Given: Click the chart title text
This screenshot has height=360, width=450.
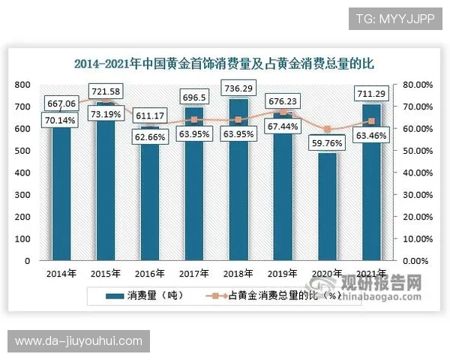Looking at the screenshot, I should point(223,64).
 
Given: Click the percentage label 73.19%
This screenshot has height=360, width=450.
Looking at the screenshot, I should point(104,115).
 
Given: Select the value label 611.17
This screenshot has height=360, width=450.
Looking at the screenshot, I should point(148,116).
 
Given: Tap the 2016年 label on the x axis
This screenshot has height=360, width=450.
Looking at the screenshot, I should point(148,273).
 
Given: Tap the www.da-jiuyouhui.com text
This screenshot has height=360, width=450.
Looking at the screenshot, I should point(78,341).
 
